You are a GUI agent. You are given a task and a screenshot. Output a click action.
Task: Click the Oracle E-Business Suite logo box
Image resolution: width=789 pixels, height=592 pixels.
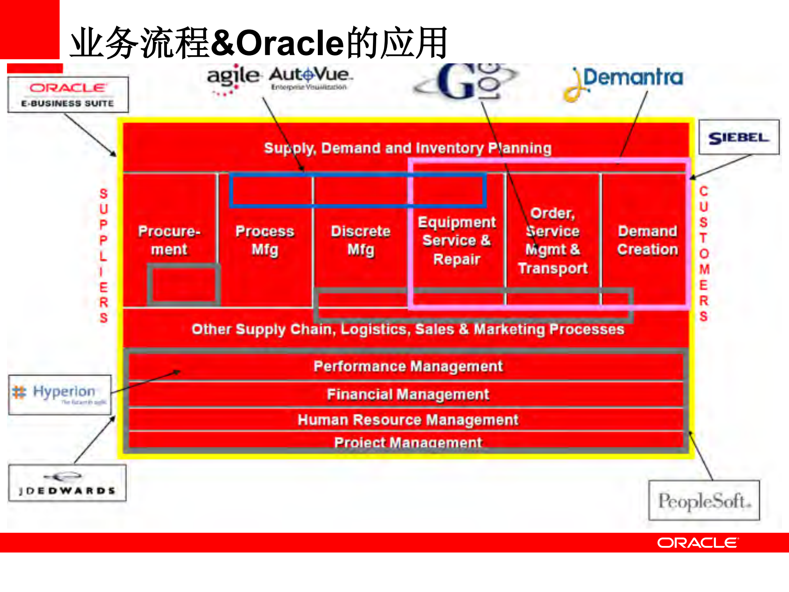tap(68, 95)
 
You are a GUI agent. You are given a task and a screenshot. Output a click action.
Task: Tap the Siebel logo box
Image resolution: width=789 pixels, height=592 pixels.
tap(738, 137)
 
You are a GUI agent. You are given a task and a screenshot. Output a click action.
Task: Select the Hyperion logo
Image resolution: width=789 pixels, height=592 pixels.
tap(60, 394)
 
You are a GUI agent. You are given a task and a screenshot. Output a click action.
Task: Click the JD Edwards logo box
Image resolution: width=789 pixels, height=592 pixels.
tap(67, 483)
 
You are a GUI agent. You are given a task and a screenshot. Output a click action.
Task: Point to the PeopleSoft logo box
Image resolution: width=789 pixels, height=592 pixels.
tap(704, 500)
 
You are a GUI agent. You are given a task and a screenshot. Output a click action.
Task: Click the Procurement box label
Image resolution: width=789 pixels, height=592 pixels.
tap(169, 240)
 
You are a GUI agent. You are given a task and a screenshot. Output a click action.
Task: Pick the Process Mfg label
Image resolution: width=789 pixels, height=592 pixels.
tap(265, 240)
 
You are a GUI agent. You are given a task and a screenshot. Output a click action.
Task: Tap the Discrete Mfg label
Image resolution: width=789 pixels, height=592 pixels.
tap(361, 240)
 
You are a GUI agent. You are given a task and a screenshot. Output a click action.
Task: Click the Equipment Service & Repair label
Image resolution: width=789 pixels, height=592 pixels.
tap(457, 241)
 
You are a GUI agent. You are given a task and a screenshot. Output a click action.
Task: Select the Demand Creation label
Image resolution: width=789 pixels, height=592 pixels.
tap(647, 240)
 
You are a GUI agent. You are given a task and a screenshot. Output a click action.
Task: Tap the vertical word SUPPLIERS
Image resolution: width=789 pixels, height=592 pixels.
tap(103, 255)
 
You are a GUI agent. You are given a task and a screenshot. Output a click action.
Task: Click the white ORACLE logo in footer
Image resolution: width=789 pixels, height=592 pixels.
tap(697, 543)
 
